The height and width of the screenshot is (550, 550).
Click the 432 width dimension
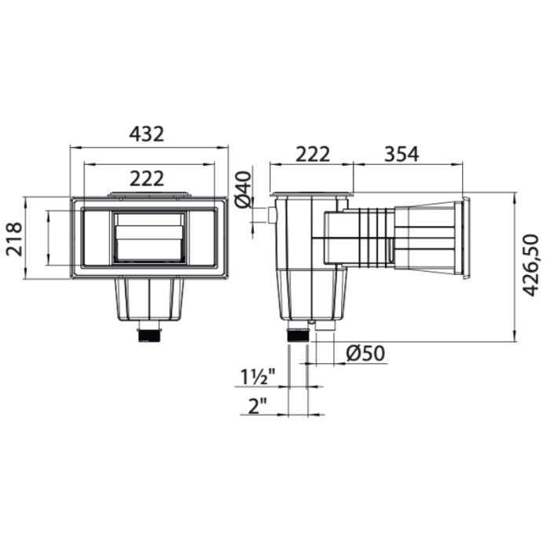point(147,134)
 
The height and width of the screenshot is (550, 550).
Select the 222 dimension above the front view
point(147,179)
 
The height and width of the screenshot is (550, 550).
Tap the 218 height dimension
point(13,238)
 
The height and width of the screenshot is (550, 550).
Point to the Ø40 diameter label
point(244,189)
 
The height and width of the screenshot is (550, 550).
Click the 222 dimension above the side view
point(312,154)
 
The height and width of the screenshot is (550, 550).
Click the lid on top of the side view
point(312,193)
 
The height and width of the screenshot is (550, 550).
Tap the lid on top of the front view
point(148,193)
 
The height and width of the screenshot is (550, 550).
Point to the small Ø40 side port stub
point(272,214)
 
